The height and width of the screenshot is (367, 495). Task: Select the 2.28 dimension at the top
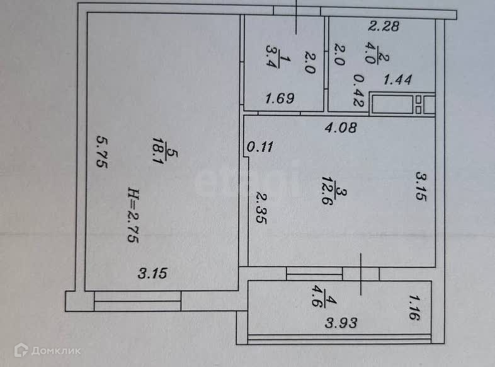pos(384,26)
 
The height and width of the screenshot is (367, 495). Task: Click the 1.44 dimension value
pos(398,79)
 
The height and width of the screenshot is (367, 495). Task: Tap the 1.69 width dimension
pos(280,98)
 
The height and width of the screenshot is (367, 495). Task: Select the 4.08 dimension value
pos(341,128)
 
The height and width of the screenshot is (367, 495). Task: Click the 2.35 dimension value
pos(259,216)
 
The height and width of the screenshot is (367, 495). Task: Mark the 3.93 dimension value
pos(341,323)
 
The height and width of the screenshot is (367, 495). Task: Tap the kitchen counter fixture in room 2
pos(401,103)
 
